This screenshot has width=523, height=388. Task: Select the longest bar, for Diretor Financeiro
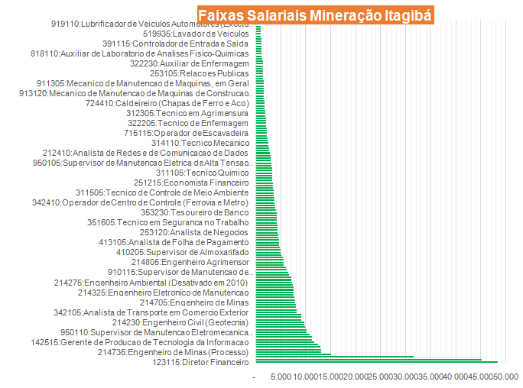(x=376, y=362)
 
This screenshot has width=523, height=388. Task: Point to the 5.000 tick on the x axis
(x=281, y=377)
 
